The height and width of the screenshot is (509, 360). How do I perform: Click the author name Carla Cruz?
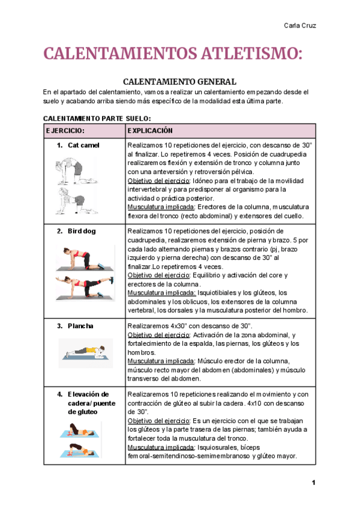pyautogui.click(x=299, y=25)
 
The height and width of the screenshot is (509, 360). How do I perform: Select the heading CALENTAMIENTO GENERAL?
pyautogui.click(x=179, y=82)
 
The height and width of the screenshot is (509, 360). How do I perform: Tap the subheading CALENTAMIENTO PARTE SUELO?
pyautogui.click(x=97, y=118)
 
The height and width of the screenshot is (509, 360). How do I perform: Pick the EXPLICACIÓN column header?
pyautogui.click(x=151, y=131)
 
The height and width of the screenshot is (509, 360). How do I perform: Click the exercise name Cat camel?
pyautogui.click(x=83, y=145)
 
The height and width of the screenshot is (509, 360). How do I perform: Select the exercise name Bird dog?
pyautogui.click(x=82, y=231)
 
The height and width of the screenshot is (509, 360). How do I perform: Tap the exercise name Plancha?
pyautogui.click(x=80, y=326)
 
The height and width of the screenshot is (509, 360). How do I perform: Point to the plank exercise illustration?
pyautogui.click(x=85, y=353)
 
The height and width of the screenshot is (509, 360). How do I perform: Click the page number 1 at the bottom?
pyautogui.click(x=313, y=483)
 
